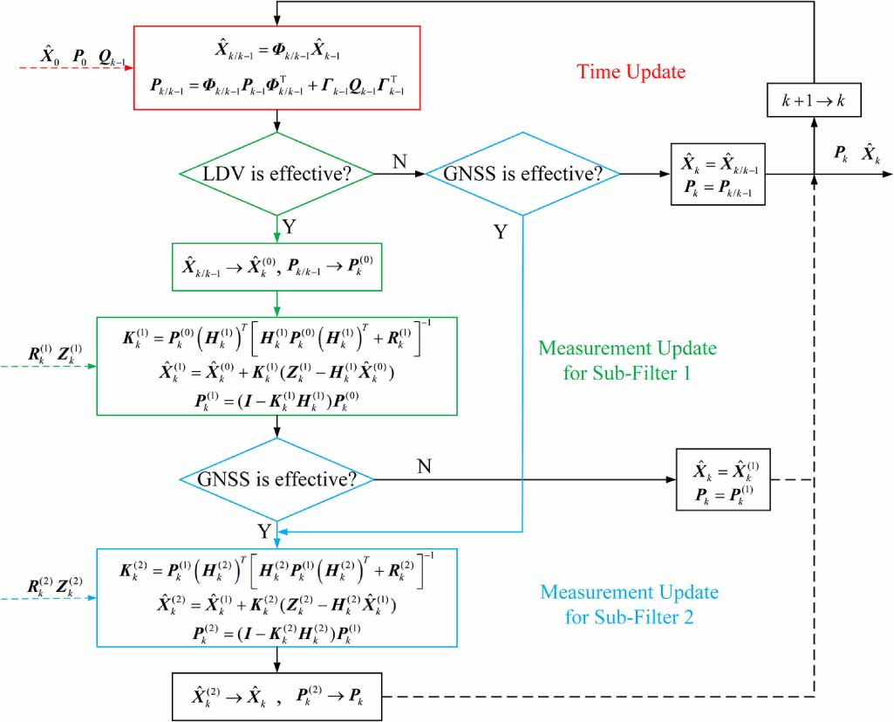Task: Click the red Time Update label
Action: [x=631, y=72]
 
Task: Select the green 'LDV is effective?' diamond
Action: [x=276, y=174]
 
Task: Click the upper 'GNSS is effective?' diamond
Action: [x=522, y=174]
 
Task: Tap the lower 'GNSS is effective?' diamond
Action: [x=276, y=479]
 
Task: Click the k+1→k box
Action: [x=814, y=101]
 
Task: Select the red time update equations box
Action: [x=276, y=69]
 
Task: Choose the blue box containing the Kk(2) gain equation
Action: [x=276, y=597]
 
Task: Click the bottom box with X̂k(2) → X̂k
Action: [x=276, y=696]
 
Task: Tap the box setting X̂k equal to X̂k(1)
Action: [x=723, y=479]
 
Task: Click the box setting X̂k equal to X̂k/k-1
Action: [x=718, y=174]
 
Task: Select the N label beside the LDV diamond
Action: [x=398, y=161]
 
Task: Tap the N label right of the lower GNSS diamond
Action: [x=425, y=466]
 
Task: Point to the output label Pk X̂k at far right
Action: [x=855, y=155]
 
